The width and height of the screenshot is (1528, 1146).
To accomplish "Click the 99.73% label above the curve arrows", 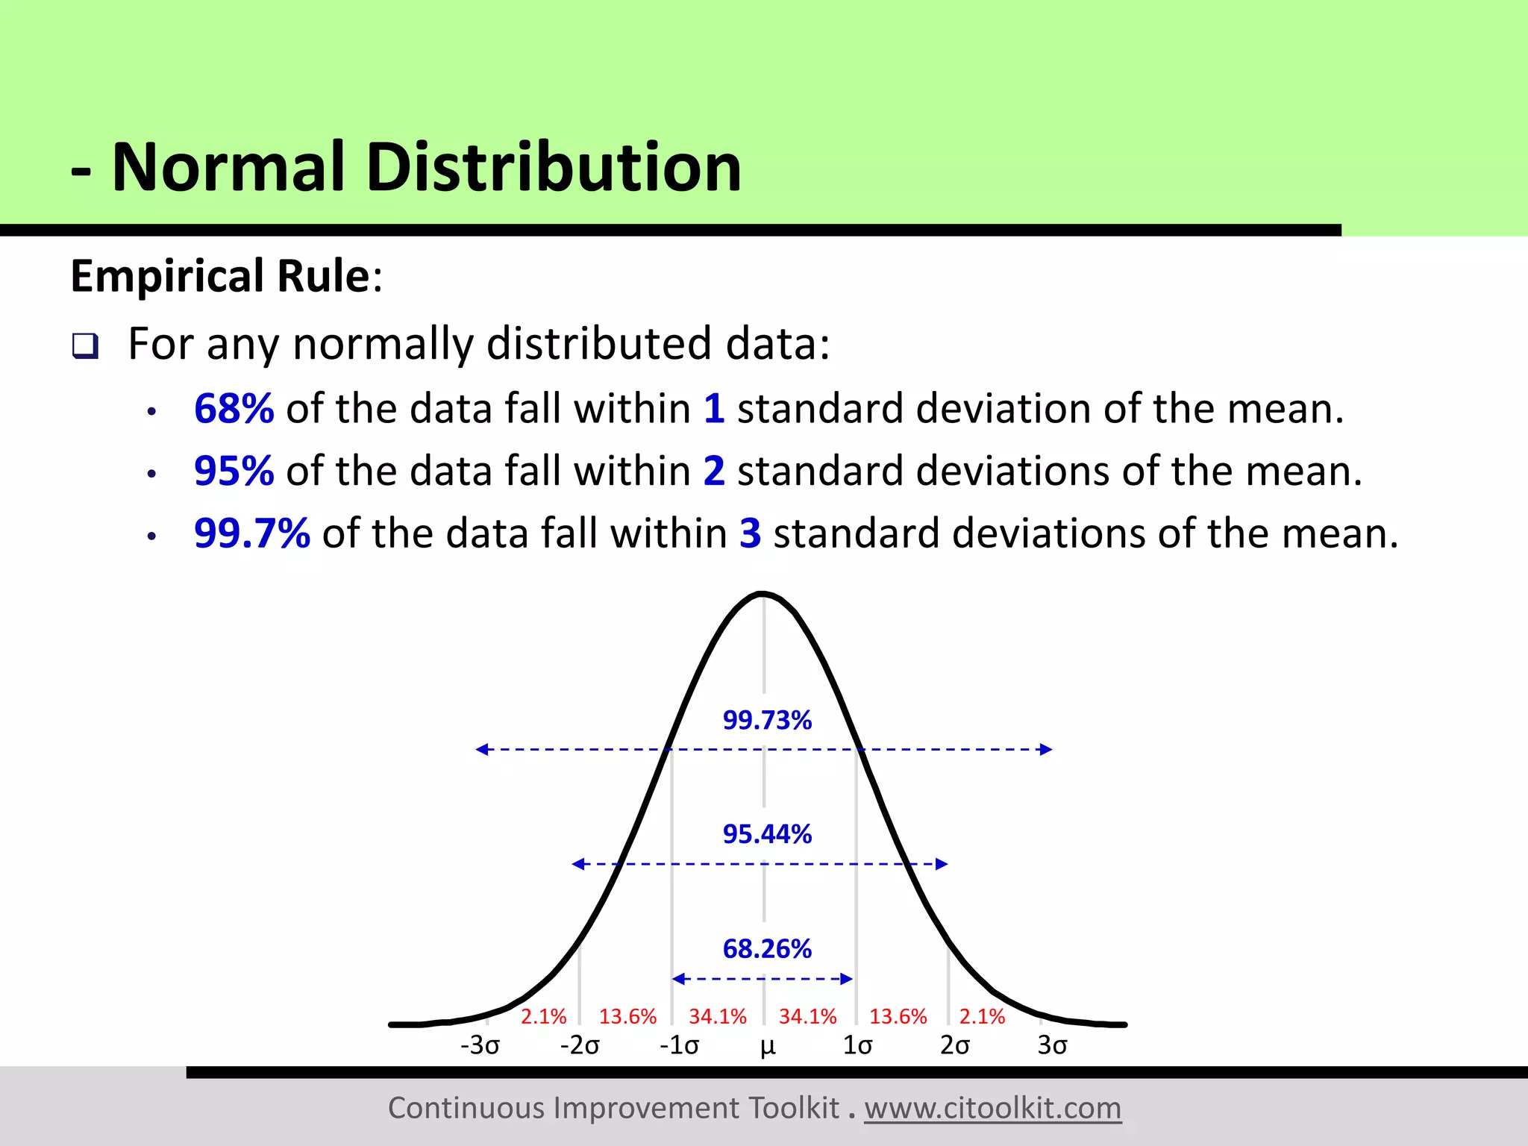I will click(x=767, y=720).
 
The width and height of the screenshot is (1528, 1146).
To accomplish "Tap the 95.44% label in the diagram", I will click(x=767, y=834).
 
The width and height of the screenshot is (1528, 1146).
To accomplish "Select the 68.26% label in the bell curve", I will click(x=767, y=949).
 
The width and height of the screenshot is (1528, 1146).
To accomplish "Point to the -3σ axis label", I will click(x=480, y=1045).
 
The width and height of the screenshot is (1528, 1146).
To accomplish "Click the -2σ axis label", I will click(x=580, y=1045).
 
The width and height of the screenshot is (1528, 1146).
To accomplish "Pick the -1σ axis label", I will click(x=679, y=1045).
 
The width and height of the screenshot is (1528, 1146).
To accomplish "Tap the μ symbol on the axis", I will click(x=768, y=1047).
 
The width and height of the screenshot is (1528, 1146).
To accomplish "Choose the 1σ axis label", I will click(x=857, y=1045).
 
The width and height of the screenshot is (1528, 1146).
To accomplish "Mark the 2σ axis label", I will click(x=955, y=1045).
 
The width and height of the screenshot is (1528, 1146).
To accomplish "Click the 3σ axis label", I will click(x=1052, y=1045).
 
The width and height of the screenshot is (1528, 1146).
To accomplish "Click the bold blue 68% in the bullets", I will click(x=234, y=409).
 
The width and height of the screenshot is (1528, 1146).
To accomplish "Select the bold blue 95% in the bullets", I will click(x=234, y=471).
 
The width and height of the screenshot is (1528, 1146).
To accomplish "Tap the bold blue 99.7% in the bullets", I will click(x=251, y=533).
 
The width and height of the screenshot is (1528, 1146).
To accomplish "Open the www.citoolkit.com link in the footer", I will click(x=992, y=1108).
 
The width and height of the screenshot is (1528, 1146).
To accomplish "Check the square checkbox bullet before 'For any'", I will click(x=85, y=346).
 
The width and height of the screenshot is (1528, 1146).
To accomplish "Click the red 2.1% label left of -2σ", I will click(x=543, y=1016).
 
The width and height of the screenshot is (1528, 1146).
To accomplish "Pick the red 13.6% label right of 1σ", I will click(x=898, y=1016).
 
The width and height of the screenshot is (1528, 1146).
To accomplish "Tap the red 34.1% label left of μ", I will click(x=717, y=1016).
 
